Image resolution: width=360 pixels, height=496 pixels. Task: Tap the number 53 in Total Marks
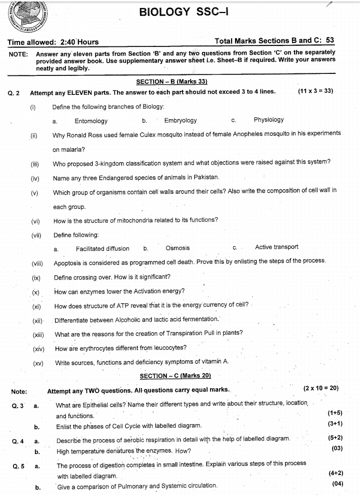pyautogui.click(x=330, y=41)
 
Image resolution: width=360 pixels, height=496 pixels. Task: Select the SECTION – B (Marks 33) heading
pyautogui.click(x=171, y=81)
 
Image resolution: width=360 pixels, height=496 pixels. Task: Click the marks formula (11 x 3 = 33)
pyautogui.click(x=315, y=91)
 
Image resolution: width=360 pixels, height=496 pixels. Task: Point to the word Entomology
pyautogui.click(x=91, y=120)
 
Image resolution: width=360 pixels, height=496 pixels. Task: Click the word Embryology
pyautogui.click(x=180, y=120)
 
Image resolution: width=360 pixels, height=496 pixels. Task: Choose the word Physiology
pyautogui.click(x=268, y=120)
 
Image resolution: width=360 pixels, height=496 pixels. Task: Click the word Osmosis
pyautogui.click(x=177, y=248)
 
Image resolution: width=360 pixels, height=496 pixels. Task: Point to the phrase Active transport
pyautogui.click(x=276, y=247)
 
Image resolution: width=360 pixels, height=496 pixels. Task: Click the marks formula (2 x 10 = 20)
pyautogui.click(x=321, y=388)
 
